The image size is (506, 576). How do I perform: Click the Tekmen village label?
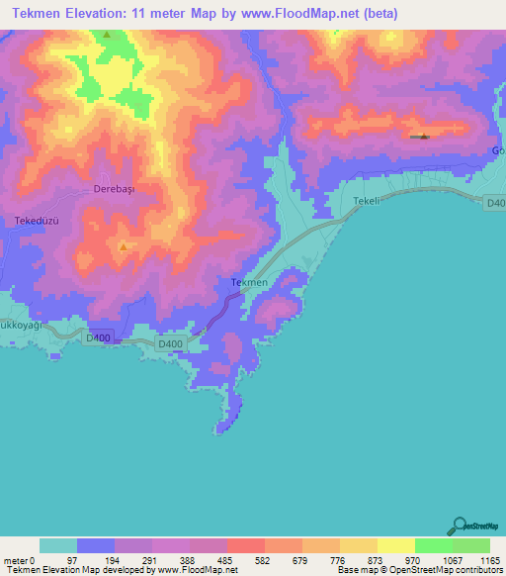point(249,283)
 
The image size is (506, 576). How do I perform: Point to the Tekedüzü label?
point(39,220)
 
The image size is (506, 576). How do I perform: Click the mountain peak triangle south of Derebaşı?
point(123,246)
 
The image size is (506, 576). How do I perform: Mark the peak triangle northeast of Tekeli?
point(424,137)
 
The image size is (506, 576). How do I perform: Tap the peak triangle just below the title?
point(107,35)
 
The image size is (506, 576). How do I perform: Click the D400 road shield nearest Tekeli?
point(496,203)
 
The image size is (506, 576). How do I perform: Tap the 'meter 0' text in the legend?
point(20,560)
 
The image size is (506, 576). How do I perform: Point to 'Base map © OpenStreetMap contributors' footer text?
point(419,570)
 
